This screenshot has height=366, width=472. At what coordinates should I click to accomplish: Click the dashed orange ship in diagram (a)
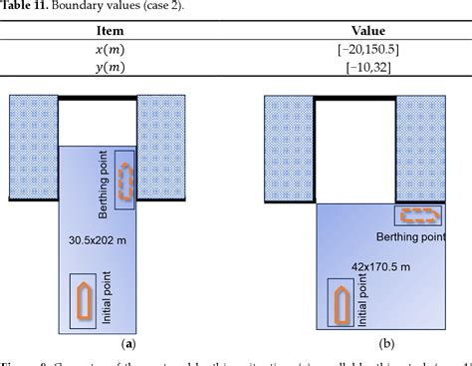click(124, 181)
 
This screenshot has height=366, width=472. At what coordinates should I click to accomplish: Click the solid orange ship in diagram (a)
click(83, 298)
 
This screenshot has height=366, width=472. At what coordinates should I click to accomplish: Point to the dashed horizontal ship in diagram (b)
click(417, 214)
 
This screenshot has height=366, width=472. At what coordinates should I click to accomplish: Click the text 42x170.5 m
click(380, 266)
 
